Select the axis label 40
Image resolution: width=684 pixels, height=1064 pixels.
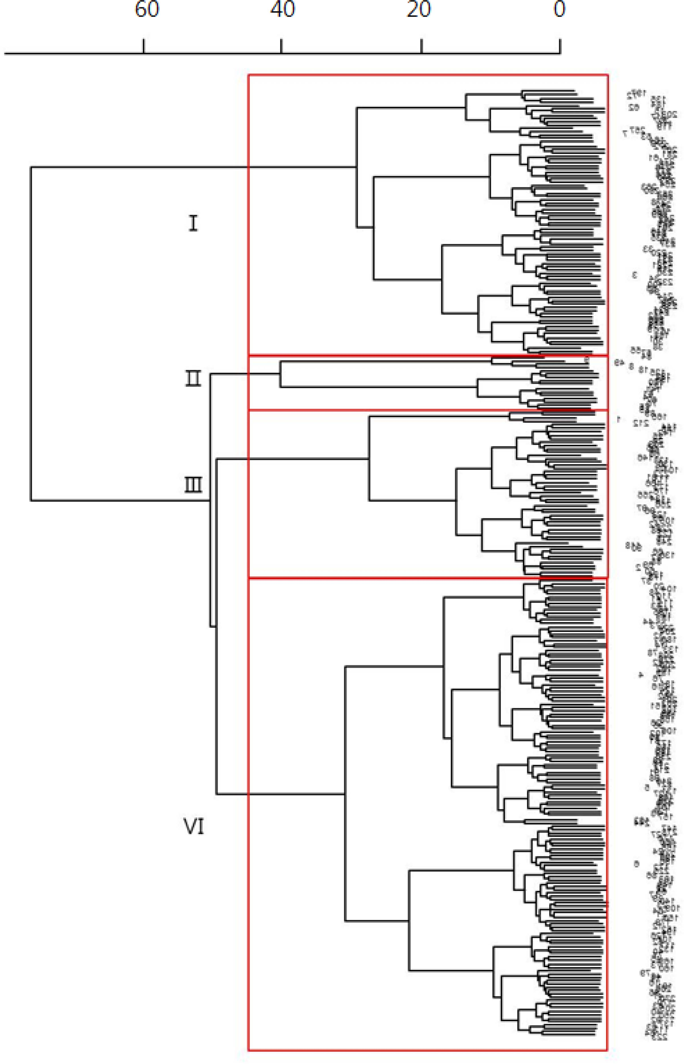(283, 10)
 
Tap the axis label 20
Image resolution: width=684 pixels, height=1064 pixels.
(419, 10)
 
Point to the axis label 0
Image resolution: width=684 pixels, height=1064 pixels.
(559, 10)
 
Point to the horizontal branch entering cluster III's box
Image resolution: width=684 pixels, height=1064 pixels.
(293, 459)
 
